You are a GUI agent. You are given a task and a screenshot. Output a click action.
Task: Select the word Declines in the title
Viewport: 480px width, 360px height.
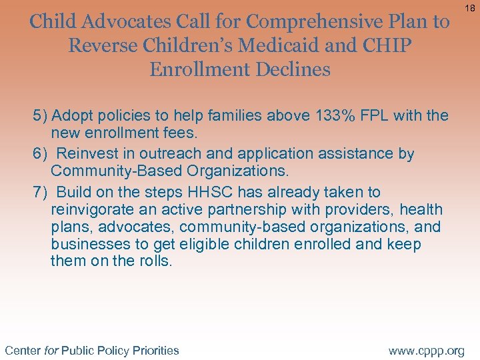[x=292, y=69]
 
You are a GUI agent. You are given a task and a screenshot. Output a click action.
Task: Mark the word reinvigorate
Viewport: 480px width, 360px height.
[x=91, y=210]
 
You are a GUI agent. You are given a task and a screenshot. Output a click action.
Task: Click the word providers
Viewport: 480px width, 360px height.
[x=360, y=210]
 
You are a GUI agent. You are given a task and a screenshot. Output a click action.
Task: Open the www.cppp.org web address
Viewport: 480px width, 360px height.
[x=426, y=350]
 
